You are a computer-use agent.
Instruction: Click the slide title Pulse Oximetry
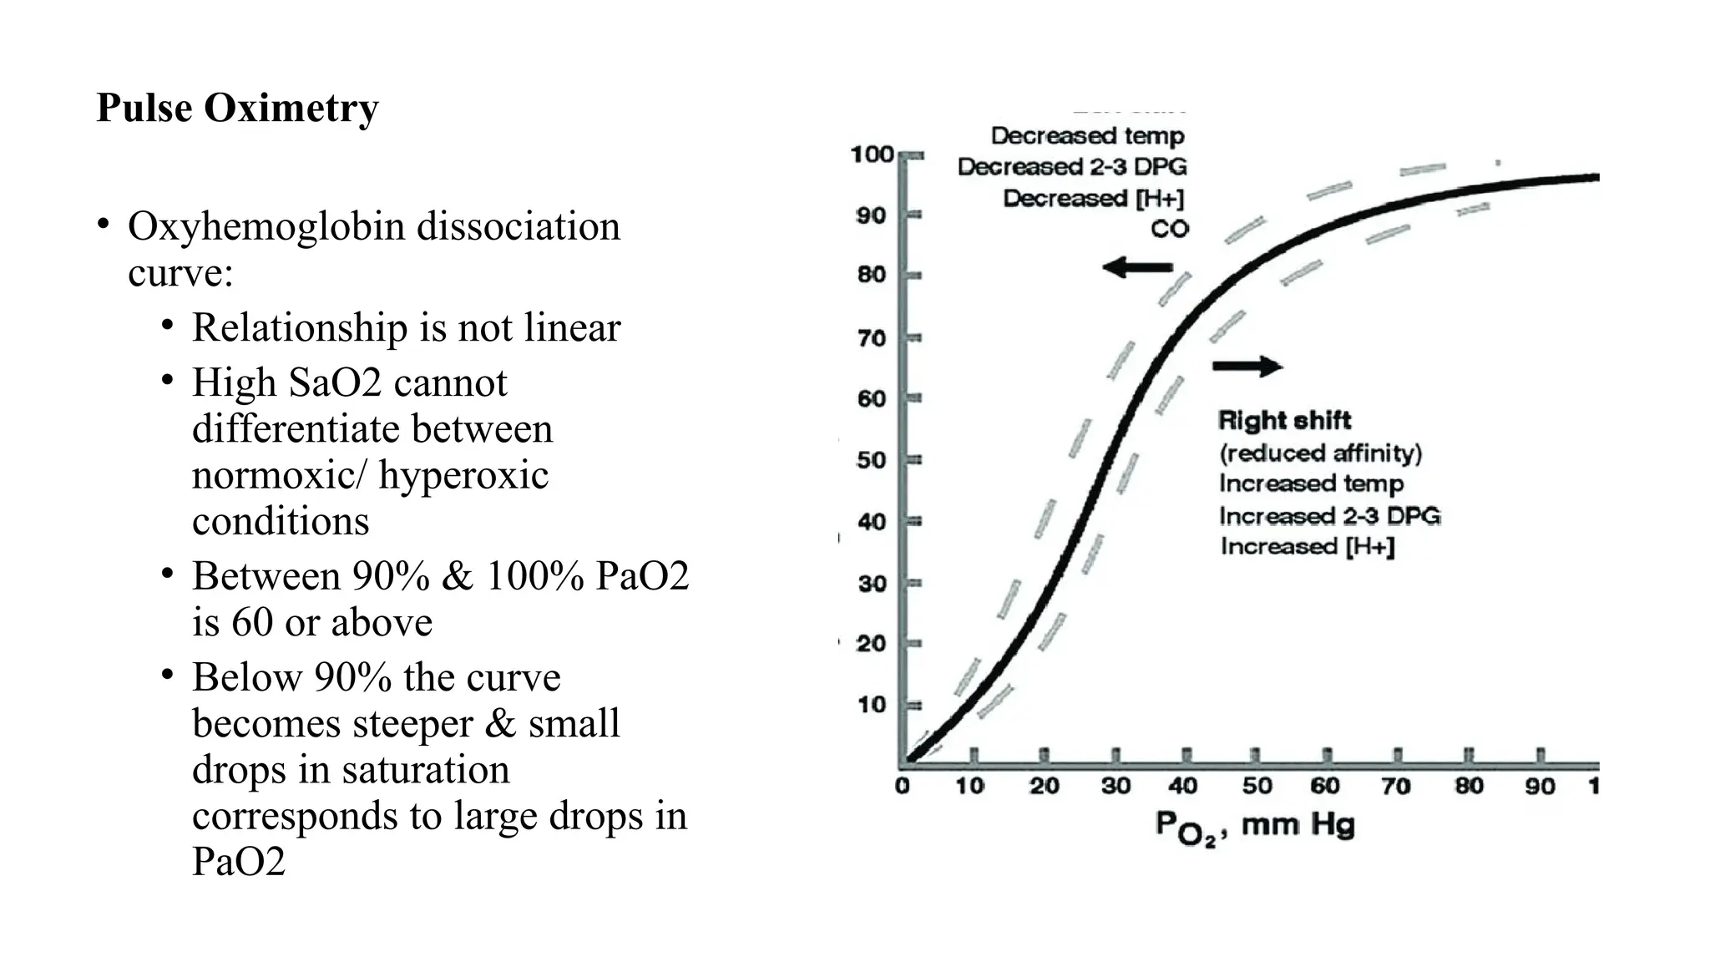click(237, 108)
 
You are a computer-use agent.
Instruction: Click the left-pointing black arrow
click(1137, 268)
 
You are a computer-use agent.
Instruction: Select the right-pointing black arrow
click(1247, 366)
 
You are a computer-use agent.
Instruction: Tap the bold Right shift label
click(1284, 420)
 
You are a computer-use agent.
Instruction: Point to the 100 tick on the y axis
click(872, 154)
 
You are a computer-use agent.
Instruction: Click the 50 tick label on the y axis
click(871, 460)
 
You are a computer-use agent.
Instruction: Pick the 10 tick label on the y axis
click(871, 705)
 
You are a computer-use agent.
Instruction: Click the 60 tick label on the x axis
click(1324, 786)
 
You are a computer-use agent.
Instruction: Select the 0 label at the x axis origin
click(902, 786)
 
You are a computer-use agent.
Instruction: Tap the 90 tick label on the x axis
click(1540, 786)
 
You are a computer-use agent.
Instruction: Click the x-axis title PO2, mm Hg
click(1254, 827)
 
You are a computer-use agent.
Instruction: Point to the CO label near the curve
click(1169, 229)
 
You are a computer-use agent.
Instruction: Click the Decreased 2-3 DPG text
click(1072, 166)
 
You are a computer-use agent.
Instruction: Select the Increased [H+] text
click(1307, 546)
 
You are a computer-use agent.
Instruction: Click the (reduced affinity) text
click(1320, 453)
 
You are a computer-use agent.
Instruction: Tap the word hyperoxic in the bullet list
click(463, 475)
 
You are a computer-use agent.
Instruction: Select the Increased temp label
click(1311, 484)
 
